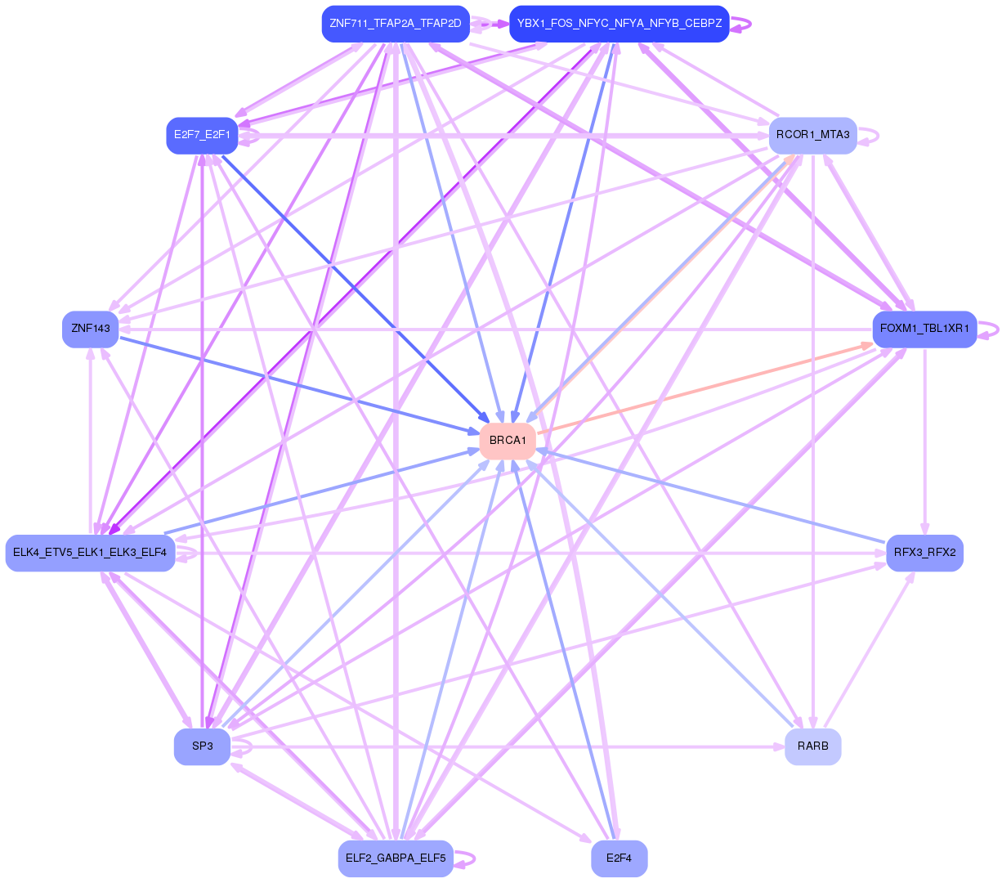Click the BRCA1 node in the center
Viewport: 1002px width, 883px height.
coord(508,441)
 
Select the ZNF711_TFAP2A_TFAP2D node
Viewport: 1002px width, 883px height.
coord(396,24)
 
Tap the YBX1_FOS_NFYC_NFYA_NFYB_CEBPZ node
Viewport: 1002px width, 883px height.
coord(619,24)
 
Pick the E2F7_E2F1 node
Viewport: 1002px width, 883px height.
coord(202,135)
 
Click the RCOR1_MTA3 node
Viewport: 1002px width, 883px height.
coord(812,135)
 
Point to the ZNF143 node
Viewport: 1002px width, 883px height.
coord(91,329)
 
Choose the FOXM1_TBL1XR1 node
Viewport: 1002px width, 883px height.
coord(924,329)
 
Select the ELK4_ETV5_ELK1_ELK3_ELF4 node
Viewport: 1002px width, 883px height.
coord(90,553)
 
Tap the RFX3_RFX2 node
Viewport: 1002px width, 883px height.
coord(924,553)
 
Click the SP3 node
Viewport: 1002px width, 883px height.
coord(202,746)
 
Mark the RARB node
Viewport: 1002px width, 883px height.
coord(812,746)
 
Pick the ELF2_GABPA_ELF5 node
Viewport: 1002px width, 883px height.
coord(396,858)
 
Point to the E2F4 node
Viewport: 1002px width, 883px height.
coord(619,858)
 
